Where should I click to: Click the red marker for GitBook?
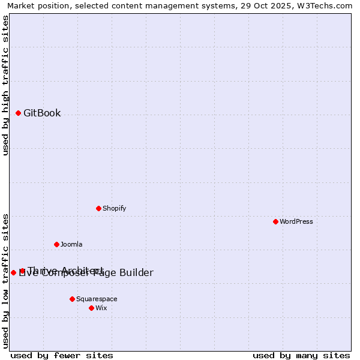[x=18, y=113]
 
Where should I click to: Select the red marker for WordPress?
[x=275, y=221]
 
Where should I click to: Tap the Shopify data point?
[x=98, y=208]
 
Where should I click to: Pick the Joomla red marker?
[x=56, y=244]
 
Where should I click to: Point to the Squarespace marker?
[x=72, y=299]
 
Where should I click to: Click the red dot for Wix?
[x=91, y=308]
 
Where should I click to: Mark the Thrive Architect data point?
[x=22, y=271]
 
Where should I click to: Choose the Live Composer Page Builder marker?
[x=13, y=272]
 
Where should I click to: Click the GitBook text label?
[x=42, y=113]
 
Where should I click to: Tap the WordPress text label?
[x=296, y=221]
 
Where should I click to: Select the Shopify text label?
[x=114, y=208]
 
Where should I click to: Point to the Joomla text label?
[x=71, y=244]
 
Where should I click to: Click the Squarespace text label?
[x=97, y=299]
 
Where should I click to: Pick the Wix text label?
[x=101, y=308]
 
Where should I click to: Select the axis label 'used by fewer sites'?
[x=62, y=355]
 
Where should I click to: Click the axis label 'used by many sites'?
[x=301, y=355]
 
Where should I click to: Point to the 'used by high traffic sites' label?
[x=6, y=85]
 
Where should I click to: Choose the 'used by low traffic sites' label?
[x=6, y=281]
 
